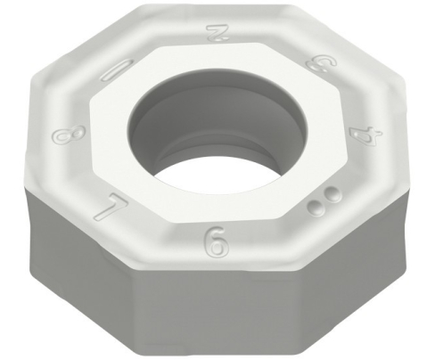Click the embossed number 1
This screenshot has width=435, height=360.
[x=118, y=70]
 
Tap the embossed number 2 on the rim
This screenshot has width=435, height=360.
[x=215, y=34]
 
